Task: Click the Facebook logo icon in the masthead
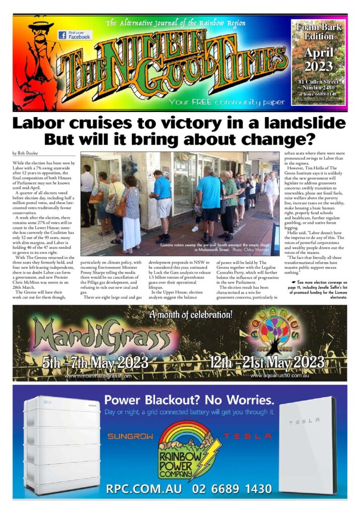point(62,35)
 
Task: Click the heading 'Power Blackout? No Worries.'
point(189,401)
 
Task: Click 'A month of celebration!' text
point(191,315)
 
